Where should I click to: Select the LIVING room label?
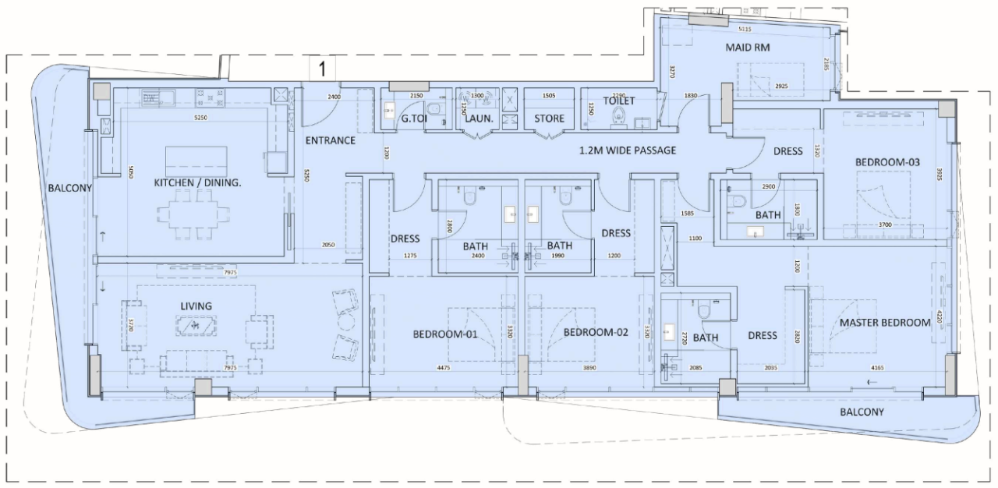pyautogui.click(x=196, y=306)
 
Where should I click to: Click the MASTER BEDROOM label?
pyautogui.click(x=885, y=322)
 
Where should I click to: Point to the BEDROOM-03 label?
pyautogui.click(x=888, y=162)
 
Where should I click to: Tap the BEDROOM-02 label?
pyautogui.click(x=595, y=333)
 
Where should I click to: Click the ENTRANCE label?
pyautogui.click(x=330, y=141)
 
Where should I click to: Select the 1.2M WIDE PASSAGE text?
pyautogui.click(x=627, y=150)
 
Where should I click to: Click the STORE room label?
pyautogui.click(x=550, y=118)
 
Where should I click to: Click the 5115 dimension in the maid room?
pyautogui.click(x=745, y=30)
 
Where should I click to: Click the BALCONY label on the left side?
pyautogui.click(x=70, y=188)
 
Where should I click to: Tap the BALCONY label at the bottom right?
pyautogui.click(x=862, y=412)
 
